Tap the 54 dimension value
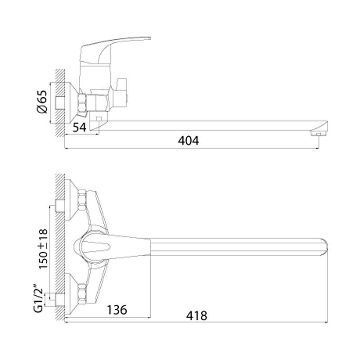(79, 127)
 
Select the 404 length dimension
(188, 140)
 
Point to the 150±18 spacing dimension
(43, 249)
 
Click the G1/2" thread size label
(39, 298)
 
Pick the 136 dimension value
(117, 310)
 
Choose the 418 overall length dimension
(197, 316)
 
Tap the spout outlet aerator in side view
(318, 133)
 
